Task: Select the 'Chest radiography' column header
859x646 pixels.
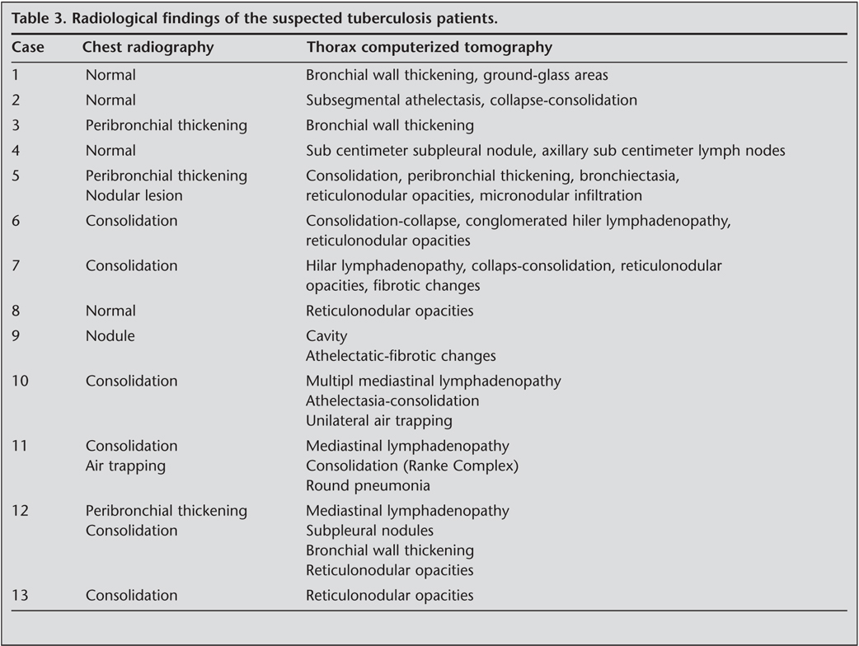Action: pyautogui.click(x=148, y=48)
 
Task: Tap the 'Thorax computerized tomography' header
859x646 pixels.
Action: pyautogui.click(x=429, y=48)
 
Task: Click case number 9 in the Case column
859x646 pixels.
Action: pyautogui.click(x=16, y=337)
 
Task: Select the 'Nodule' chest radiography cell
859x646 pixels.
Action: pyautogui.click(x=110, y=337)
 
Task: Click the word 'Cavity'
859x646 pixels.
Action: pyautogui.click(x=326, y=337)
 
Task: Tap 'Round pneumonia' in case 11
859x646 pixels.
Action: pyautogui.click(x=368, y=486)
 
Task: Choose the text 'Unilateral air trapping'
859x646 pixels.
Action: pyautogui.click(x=378, y=421)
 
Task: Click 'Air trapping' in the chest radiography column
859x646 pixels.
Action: pyautogui.click(x=125, y=466)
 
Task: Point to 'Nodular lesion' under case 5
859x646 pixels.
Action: pyautogui.click(x=134, y=196)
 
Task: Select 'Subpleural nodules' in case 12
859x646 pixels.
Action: pyautogui.click(x=369, y=531)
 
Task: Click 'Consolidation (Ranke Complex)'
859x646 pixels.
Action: pyautogui.click(x=412, y=466)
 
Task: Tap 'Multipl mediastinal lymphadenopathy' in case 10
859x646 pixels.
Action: pyautogui.click(x=433, y=382)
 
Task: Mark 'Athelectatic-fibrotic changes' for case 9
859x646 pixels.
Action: pyautogui.click(x=401, y=357)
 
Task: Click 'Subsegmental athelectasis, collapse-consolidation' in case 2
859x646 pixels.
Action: pyautogui.click(x=471, y=101)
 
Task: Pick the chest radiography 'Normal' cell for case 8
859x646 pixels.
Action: pyautogui.click(x=110, y=311)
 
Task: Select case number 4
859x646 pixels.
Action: pyautogui.click(x=16, y=151)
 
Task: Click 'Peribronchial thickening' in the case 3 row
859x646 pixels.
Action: pyautogui.click(x=166, y=126)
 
